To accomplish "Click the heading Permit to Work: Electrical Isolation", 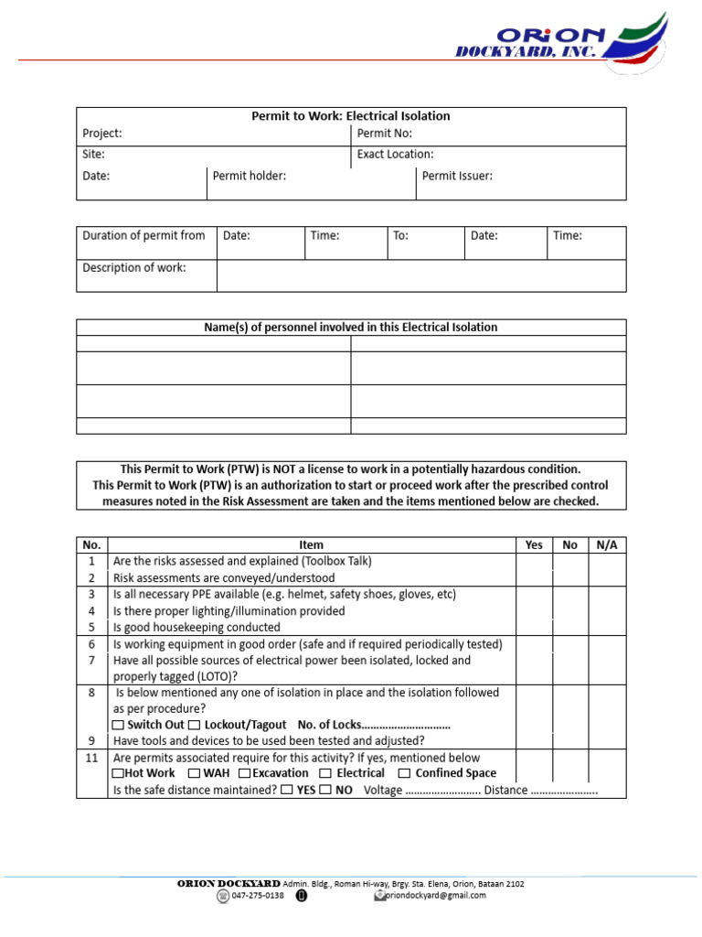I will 351,116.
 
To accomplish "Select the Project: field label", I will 102,134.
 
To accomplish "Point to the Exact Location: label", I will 395,155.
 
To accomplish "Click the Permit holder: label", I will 250,176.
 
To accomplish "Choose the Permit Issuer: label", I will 457,176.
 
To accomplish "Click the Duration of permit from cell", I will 144,236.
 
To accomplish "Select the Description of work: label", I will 134,268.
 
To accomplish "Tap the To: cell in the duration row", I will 400,236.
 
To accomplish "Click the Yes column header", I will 534,544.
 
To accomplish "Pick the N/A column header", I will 607,544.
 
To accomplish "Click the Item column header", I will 311,544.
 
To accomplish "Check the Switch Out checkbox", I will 119,725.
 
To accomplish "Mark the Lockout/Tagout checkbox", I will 194,725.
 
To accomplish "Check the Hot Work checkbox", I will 117,774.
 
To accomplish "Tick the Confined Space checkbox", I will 404,774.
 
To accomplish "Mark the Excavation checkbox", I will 244,774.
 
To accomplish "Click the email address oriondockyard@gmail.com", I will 435,896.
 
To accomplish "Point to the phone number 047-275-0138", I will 258,896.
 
